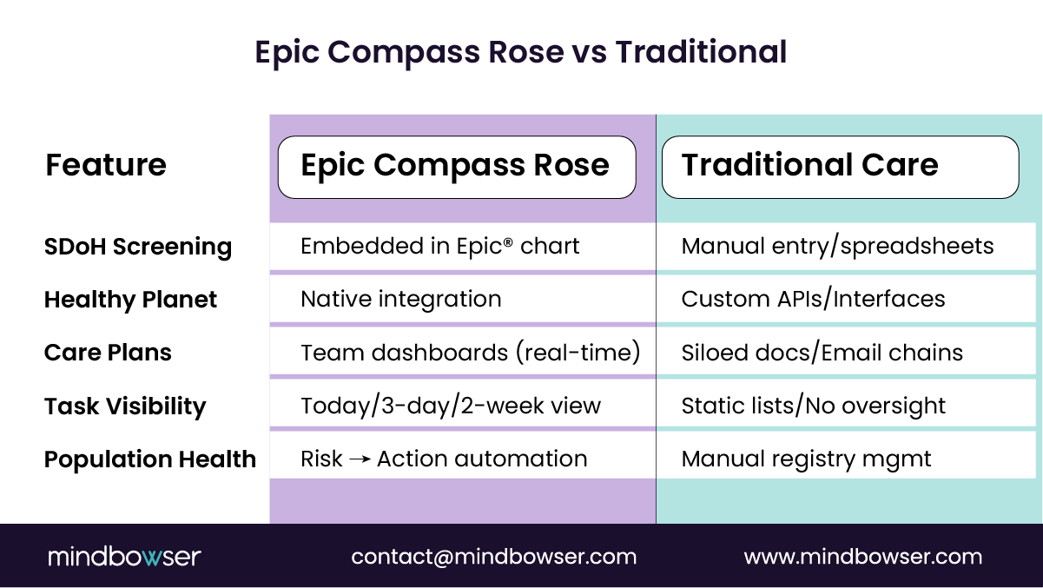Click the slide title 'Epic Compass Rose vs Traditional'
pos(521,52)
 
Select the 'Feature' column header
pos(106,165)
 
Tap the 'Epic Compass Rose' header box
pos(456,166)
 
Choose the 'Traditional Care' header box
pos(839,166)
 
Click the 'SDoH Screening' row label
pos(138,248)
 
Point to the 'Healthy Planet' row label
pos(131,301)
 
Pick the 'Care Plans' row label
pos(109,353)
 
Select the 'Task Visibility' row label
pos(125,406)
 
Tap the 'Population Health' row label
pos(150,459)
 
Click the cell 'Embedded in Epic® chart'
pos(439,247)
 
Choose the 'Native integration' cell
pos(401,300)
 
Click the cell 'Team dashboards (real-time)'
pos(470,353)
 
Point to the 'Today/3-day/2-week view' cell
pos(451,406)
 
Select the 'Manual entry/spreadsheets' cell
pos(837,247)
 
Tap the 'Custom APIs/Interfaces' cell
pos(813,300)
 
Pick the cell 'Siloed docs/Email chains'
pos(822,353)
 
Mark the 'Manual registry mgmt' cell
pos(806,459)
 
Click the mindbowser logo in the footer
pos(124,557)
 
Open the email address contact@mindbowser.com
pos(493,557)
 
